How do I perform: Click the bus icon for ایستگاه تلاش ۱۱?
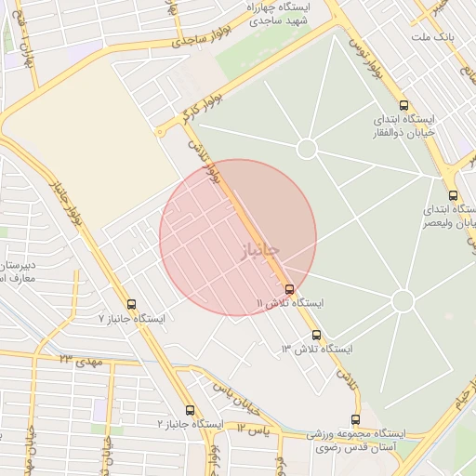pos(290,289)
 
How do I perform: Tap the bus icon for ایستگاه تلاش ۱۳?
pos(316,335)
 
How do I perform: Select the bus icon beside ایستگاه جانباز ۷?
pos(130,304)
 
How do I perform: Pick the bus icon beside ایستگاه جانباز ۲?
pos(190,410)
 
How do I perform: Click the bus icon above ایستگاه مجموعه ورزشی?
pos(355,419)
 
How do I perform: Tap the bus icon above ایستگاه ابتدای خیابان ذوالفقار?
pos(403,105)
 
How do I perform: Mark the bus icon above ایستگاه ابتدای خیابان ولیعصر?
pos(453,195)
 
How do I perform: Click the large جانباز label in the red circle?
pos(251,249)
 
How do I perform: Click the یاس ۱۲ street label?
pos(252,429)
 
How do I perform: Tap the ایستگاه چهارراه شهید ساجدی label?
pos(280,12)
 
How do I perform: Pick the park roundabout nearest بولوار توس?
pos(308,149)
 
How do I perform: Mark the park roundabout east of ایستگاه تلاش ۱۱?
pos(403,301)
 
